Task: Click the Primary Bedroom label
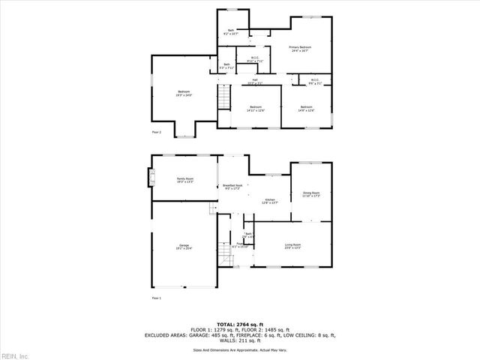300,49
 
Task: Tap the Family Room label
185,180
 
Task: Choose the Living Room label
292,247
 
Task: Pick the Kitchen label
269,201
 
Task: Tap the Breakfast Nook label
231,187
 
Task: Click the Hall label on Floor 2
255,81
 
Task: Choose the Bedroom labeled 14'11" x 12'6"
255,109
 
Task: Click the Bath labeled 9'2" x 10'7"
231,32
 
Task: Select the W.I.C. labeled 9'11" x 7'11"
244,60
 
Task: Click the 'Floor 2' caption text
157,131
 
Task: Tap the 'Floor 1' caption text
157,298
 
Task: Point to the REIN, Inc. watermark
15,355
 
